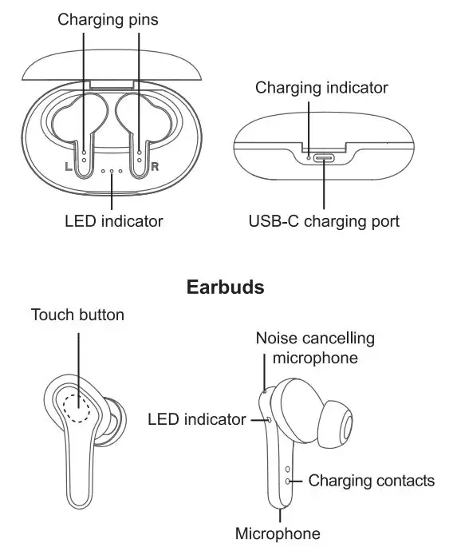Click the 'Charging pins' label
pos(108,19)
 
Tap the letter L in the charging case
pos(69,166)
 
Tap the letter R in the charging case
pos(156,166)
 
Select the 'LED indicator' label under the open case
pos(113,220)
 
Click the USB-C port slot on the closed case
pos(324,157)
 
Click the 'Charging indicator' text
pos(321,88)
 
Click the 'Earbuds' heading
pos(225,287)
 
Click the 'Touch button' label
pos(77,315)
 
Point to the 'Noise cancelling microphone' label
pos(315,348)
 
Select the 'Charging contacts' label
pos(371,481)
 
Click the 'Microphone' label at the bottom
pos(278,533)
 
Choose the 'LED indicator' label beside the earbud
pos(197,419)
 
